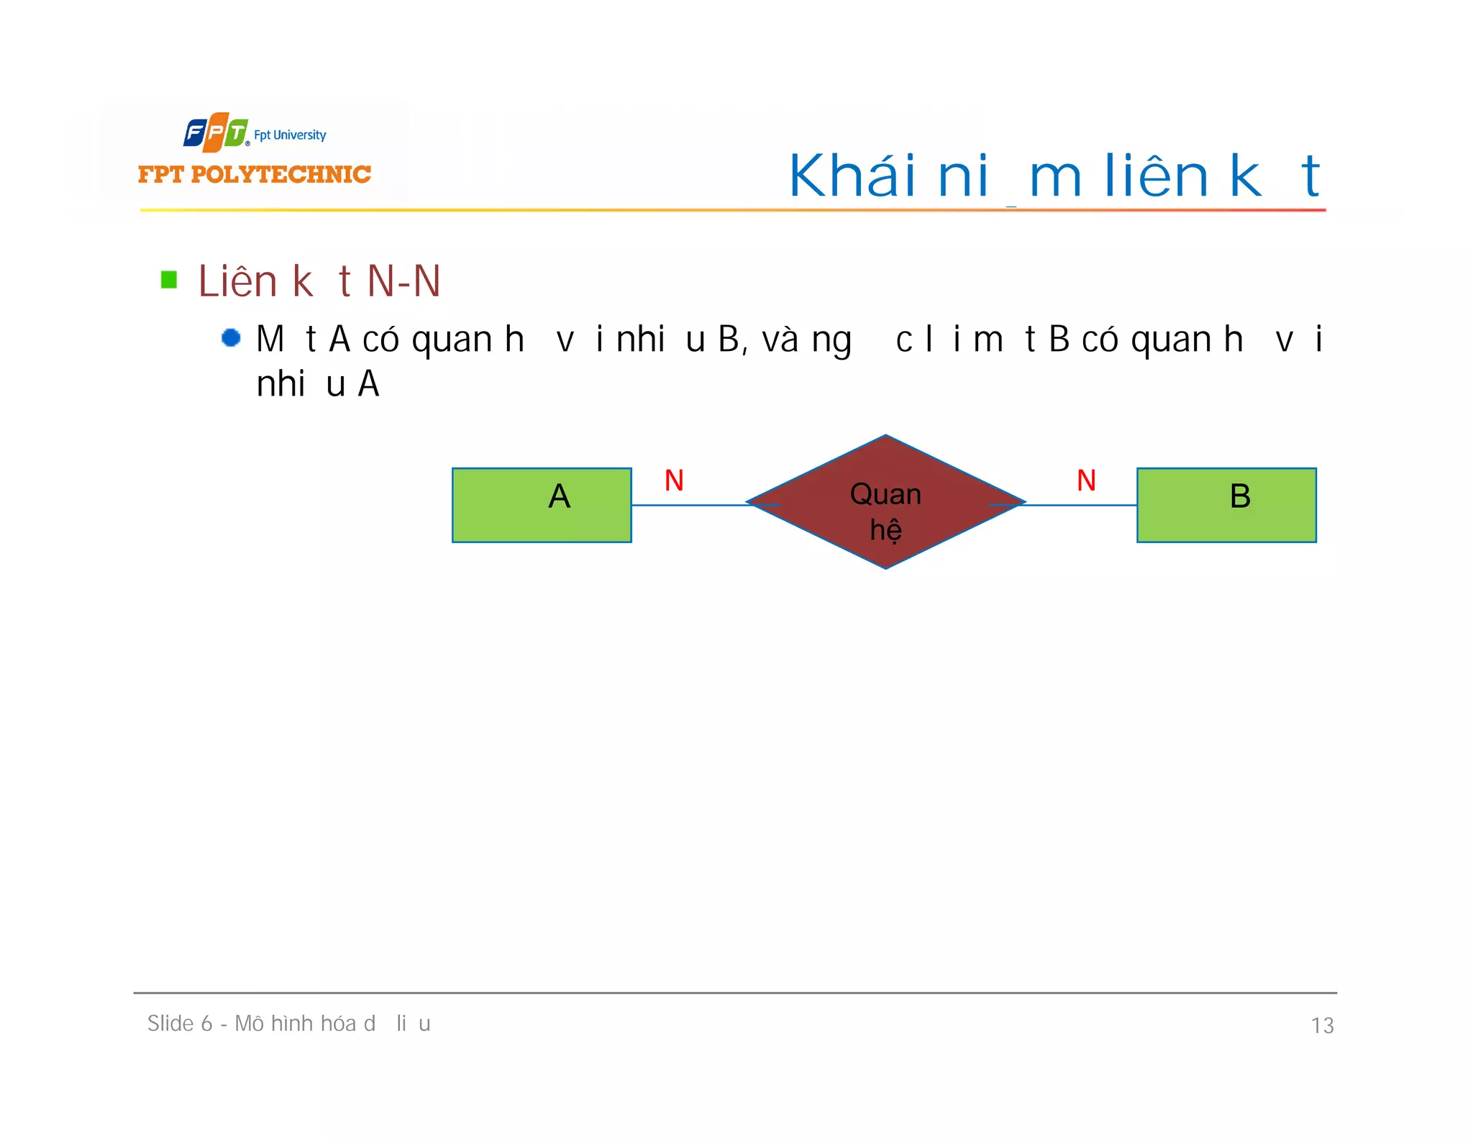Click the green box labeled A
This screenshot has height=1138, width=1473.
pyautogui.click(x=542, y=505)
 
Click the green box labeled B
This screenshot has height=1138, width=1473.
pyautogui.click(x=1226, y=505)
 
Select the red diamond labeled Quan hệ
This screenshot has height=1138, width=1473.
pyautogui.click(x=885, y=502)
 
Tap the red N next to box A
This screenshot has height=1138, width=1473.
pyautogui.click(x=674, y=481)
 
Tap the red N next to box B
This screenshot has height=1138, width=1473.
pyautogui.click(x=1086, y=481)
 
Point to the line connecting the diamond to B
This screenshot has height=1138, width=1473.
pyautogui.click(x=1079, y=505)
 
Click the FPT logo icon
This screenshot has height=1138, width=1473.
pyautogui.click(x=215, y=132)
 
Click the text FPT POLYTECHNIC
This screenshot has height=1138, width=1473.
pyautogui.click(x=255, y=175)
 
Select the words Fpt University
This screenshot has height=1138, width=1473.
pyautogui.click(x=290, y=135)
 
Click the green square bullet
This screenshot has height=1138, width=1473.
pyautogui.click(x=169, y=279)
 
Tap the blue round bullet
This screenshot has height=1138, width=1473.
pyautogui.click(x=231, y=337)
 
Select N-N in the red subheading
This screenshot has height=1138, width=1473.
pyautogui.click(x=403, y=281)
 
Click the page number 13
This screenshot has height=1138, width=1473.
pyautogui.click(x=1322, y=1025)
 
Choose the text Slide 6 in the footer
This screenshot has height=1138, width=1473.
pyautogui.click(x=180, y=1024)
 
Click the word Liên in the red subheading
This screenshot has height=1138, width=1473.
pyautogui.click(x=237, y=281)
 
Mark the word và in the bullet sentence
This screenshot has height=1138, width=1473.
pyautogui.click(x=780, y=340)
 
